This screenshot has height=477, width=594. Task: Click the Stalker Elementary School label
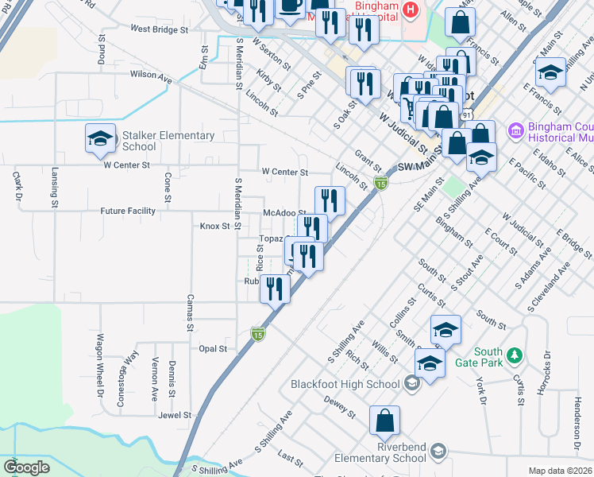click(168, 141)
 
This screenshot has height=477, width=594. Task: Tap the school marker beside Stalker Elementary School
click(100, 139)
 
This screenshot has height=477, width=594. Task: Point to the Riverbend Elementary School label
click(379, 453)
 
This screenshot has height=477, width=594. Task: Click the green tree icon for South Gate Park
click(515, 353)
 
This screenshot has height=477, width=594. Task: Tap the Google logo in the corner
click(26, 467)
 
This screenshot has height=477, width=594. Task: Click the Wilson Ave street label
click(151, 78)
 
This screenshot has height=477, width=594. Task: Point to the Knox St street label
click(214, 226)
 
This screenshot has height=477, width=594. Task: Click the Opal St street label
click(213, 348)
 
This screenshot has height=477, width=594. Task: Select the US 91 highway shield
click(469, 114)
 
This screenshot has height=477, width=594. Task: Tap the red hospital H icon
click(410, 10)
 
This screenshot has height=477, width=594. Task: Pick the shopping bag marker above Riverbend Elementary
click(384, 421)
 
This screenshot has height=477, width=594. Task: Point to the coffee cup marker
click(289, 6)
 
